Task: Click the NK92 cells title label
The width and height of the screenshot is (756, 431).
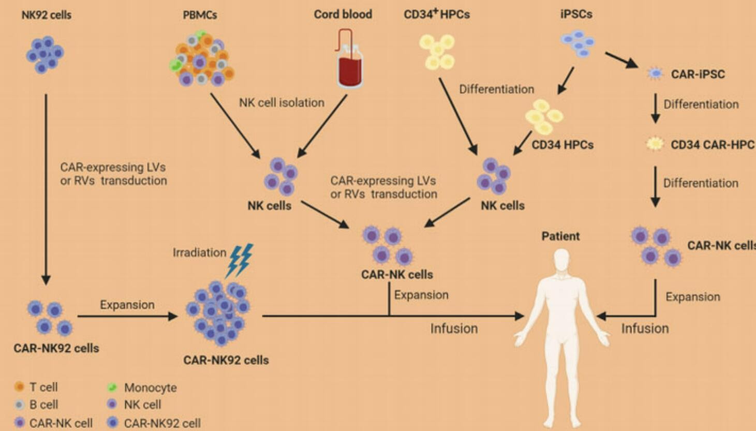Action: pyautogui.click(x=46, y=15)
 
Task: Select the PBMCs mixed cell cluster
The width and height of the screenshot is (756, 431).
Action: pyautogui.click(x=201, y=57)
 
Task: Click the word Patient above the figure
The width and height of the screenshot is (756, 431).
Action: pyautogui.click(x=560, y=236)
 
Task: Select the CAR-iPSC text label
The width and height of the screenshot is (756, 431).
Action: pyautogui.click(x=697, y=74)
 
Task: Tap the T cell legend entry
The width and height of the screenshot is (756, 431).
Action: pyautogui.click(x=36, y=387)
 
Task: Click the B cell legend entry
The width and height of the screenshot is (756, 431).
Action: pyautogui.click(x=36, y=405)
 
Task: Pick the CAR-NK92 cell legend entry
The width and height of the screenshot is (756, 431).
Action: pyautogui.click(x=154, y=423)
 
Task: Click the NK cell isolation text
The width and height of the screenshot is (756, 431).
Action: pyautogui.click(x=281, y=102)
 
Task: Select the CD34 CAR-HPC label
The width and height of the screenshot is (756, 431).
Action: pyautogui.click(x=711, y=144)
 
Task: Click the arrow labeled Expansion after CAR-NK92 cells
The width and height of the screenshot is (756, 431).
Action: pyautogui.click(x=127, y=316)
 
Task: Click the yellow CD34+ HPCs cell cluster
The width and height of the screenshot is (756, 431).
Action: pyautogui.click(x=437, y=52)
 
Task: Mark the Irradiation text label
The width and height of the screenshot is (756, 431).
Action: pyautogui.click(x=199, y=252)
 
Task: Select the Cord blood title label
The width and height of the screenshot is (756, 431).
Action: pyautogui.click(x=343, y=14)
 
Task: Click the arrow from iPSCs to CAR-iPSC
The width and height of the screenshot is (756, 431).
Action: pyautogui.click(x=621, y=60)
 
